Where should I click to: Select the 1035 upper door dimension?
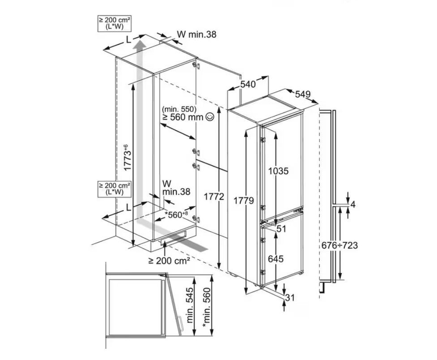pyautogui.click(x=278, y=171)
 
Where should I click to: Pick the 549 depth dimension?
pyautogui.click(x=303, y=94)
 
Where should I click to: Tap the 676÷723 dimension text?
pyautogui.click(x=339, y=245)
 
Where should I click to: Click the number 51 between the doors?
pyautogui.click(x=282, y=229)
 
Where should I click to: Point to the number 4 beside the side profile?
pyautogui.click(x=353, y=205)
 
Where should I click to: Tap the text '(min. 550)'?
pyautogui.click(x=179, y=109)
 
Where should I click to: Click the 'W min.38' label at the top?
pyautogui.click(x=197, y=34)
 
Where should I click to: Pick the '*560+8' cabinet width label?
pyautogui.click(x=176, y=214)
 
